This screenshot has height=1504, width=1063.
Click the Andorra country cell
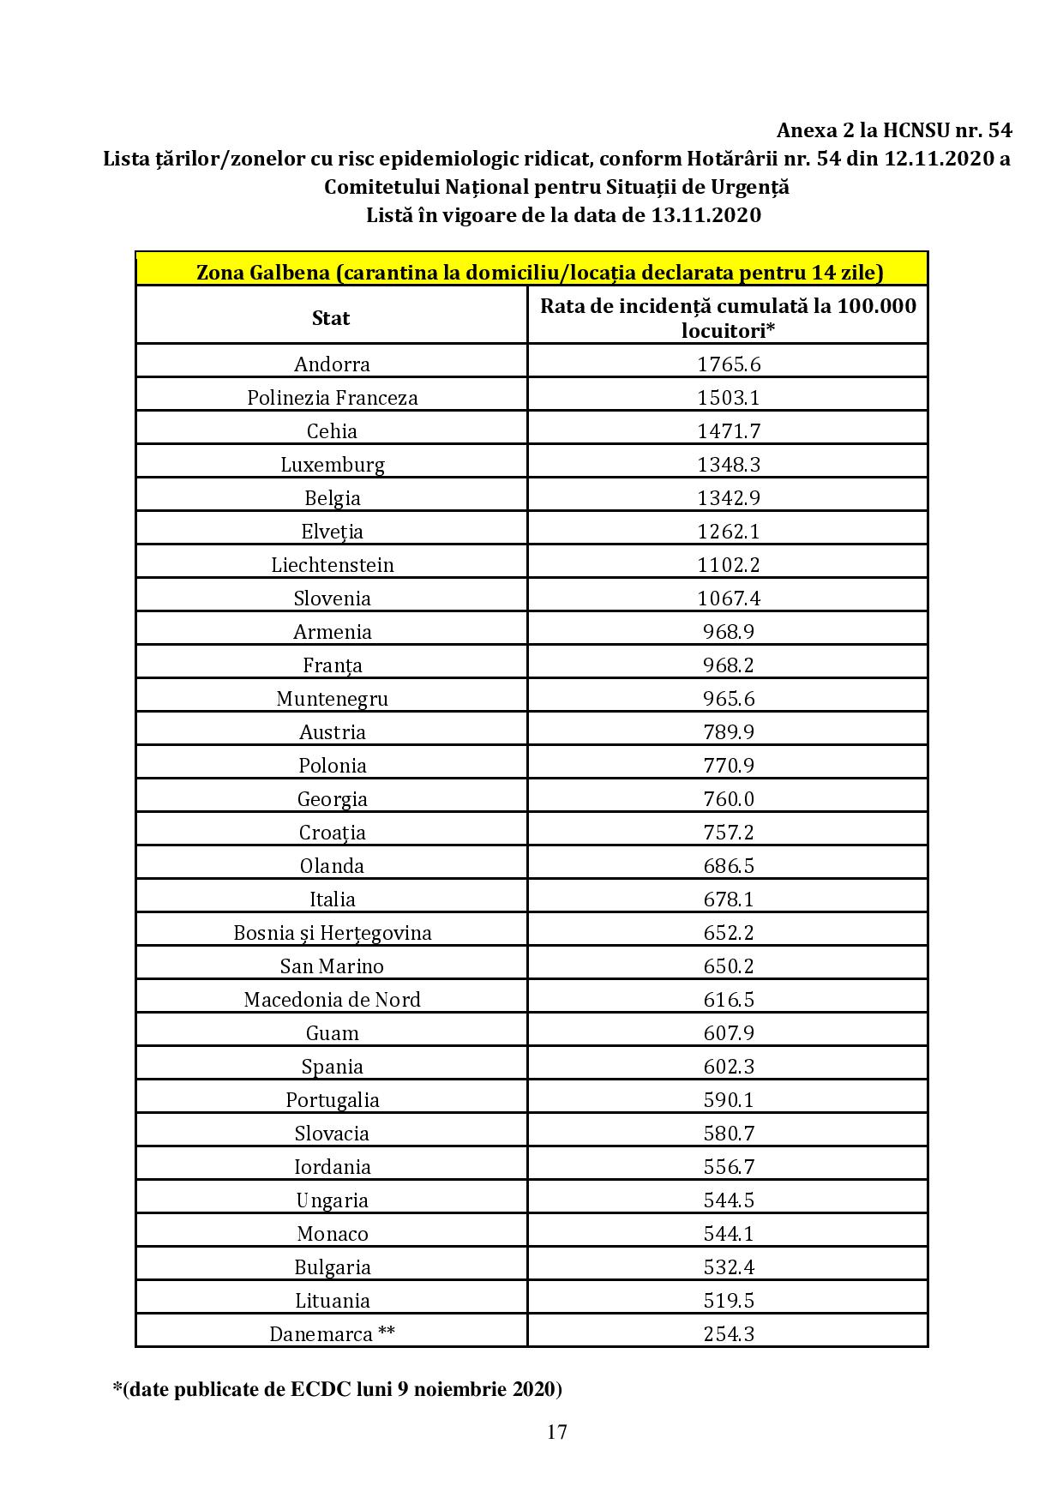(332, 364)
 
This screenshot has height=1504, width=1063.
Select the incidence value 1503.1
(728, 398)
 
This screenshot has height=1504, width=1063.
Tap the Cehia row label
(332, 431)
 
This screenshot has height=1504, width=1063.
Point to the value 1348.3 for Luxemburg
(728, 465)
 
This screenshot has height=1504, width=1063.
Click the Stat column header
(331, 318)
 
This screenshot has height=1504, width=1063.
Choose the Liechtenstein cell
(332, 565)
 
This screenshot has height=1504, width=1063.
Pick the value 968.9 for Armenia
(728, 632)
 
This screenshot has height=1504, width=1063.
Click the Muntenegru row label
(332, 699)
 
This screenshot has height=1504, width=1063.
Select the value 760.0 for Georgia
(728, 799)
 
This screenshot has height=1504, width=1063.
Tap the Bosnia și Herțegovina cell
(332, 933)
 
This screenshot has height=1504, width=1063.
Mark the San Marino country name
(332, 966)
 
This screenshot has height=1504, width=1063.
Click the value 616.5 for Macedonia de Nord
(728, 1000)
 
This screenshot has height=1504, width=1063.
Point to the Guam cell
(332, 1033)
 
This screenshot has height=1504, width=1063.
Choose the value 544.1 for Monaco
(728, 1234)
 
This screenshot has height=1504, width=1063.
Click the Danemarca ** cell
(332, 1334)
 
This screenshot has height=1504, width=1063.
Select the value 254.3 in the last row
(728, 1334)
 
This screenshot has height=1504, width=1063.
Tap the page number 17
(556, 1431)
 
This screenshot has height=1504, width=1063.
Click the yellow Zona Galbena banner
(531, 272)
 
